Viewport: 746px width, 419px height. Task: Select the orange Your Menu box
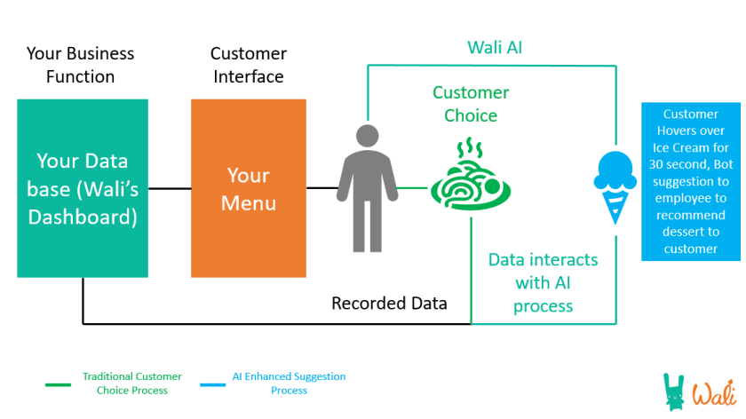[249, 187]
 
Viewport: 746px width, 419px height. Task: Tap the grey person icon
[364, 187]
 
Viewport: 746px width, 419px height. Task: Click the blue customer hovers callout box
[690, 181]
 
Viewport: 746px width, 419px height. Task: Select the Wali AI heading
[495, 47]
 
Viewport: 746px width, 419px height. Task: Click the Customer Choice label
[471, 104]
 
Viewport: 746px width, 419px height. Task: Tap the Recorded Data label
[389, 304]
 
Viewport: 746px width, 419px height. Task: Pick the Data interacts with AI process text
[544, 282]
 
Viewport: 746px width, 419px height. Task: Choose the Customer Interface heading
[248, 65]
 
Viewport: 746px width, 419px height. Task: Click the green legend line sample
[58, 384]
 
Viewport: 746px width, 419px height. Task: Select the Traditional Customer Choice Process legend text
[133, 383]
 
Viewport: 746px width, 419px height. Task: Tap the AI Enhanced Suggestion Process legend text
[289, 383]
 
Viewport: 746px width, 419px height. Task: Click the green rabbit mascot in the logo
[677, 391]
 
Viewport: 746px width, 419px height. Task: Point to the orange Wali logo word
[715, 391]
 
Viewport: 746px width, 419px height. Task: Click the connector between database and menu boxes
[170, 187]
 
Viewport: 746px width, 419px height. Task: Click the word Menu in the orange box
[249, 203]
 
